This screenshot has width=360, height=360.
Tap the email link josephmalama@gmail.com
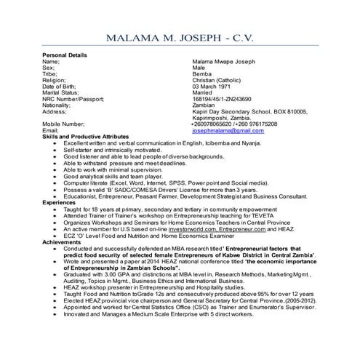[x=228, y=130]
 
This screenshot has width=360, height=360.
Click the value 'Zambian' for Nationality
[x=204, y=105]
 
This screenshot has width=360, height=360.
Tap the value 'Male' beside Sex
[x=199, y=68]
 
